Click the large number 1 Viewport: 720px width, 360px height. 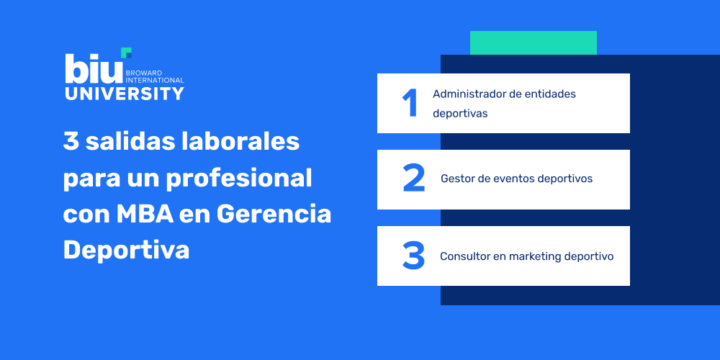coord(410,103)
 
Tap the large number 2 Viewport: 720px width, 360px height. coord(414,179)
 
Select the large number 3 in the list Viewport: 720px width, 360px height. coord(413,256)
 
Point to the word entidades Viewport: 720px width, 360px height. coord(552,94)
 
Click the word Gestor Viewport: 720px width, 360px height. coord(457,179)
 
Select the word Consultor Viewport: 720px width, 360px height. coord(465,256)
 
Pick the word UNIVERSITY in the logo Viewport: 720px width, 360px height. coord(124,94)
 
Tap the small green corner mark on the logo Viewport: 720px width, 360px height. coord(127,52)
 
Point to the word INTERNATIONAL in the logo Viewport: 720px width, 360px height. coord(155,80)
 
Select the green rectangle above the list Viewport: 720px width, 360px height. coord(533,42)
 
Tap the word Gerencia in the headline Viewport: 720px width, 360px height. coord(274,214)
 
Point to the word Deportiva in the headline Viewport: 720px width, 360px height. coord(126,250)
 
